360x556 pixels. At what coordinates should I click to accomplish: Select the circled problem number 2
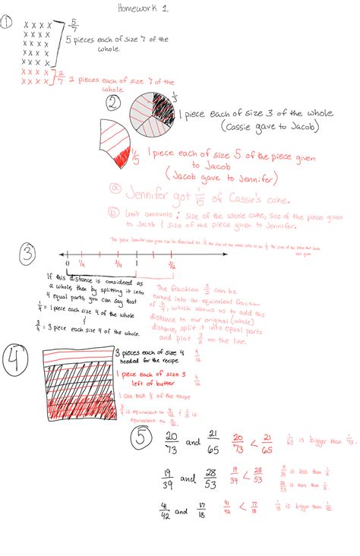coord(113,105)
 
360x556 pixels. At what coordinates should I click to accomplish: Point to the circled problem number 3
coord(27,251)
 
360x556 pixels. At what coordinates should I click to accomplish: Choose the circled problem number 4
coord(17,360)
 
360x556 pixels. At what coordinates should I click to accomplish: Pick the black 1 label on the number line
coord(136,265)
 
